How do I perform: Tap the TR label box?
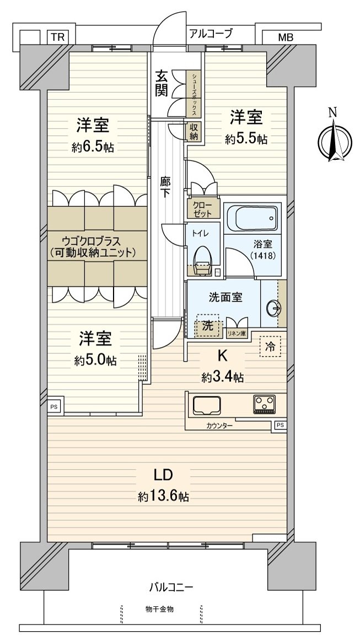click(x=57, y=37)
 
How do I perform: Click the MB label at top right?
click(x=285, y=37)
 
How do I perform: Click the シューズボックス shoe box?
click(x=194, y=94)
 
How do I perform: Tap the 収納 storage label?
click(x=194, y=132)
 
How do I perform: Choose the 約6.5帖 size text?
click(x=92, y=147)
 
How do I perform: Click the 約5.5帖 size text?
click(x=246, y=139)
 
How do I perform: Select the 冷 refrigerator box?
click(x=270, y=347)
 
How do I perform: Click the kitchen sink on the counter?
click(x=206, y=406)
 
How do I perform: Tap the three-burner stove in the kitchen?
click(x=264, y=404)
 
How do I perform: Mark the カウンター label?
click(x=219, y=426)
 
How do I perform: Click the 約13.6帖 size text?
click(x=163, y=497)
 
